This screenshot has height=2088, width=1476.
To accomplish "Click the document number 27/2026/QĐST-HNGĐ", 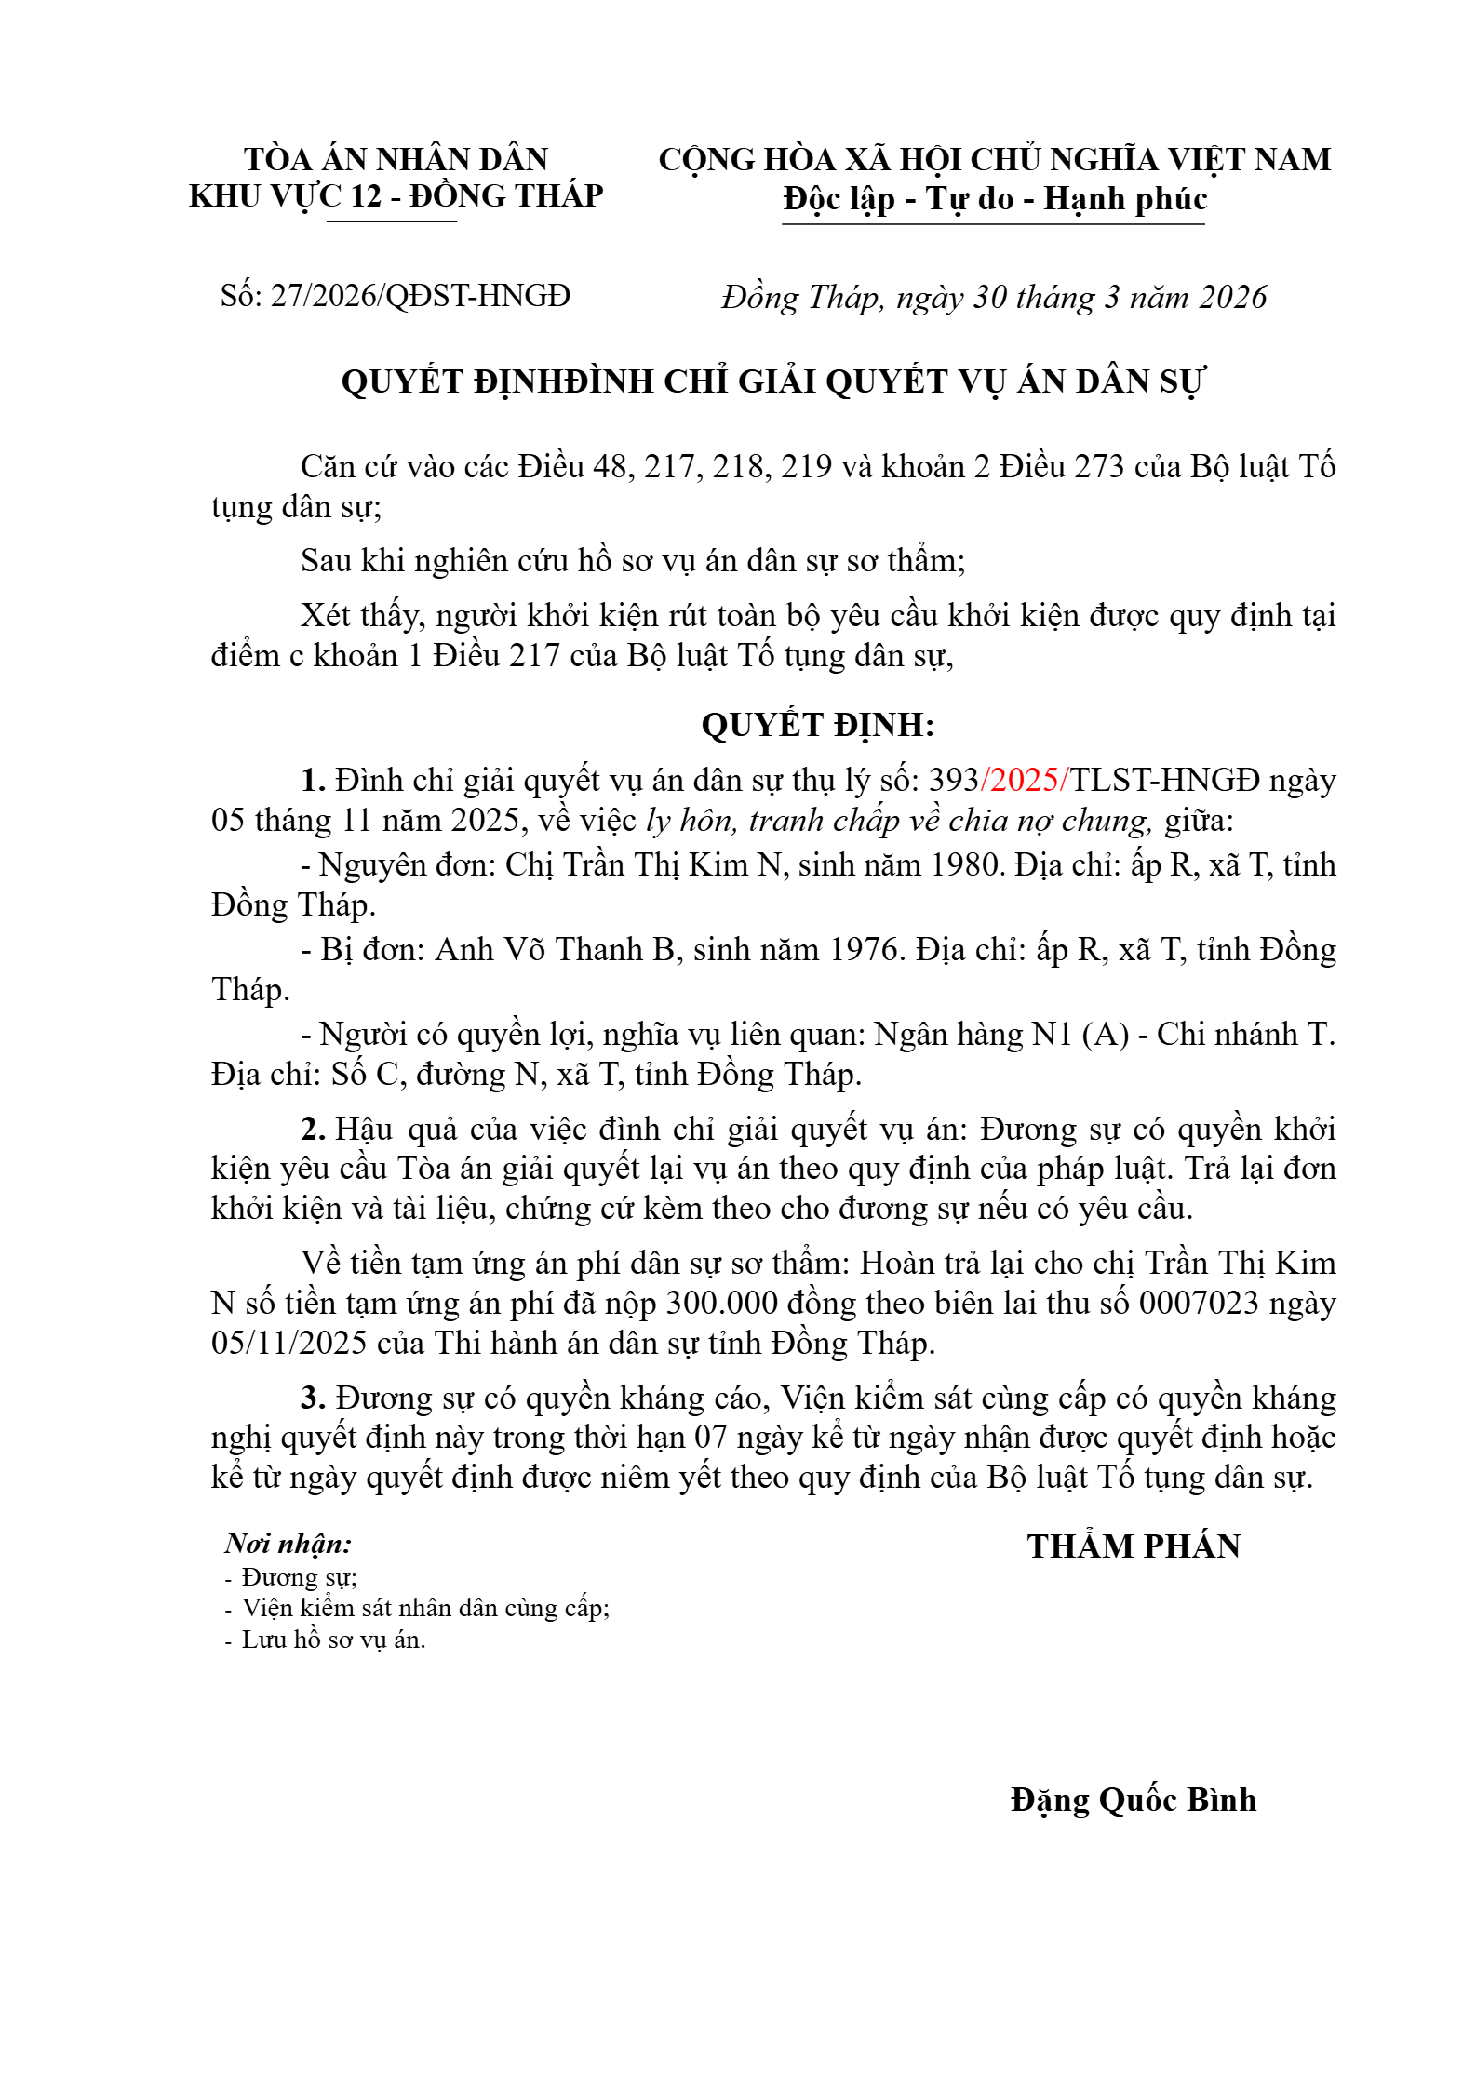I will click(420, 296).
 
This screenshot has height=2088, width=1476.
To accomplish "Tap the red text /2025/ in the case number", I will click(1025, 780).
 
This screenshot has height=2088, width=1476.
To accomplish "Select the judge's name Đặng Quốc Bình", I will click(1133, 1800).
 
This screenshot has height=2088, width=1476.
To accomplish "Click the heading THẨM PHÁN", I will click(1133, 1546).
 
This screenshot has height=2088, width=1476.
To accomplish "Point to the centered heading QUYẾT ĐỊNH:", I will click(817, 725).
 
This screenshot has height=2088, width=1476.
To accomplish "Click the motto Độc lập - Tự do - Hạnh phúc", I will click(994, 198).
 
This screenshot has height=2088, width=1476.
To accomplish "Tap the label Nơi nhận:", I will click(288, 1545).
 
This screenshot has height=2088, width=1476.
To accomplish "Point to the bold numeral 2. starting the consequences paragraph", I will click(313, 1129).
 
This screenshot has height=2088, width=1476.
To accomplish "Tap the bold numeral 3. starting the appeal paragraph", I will click(313, 1398).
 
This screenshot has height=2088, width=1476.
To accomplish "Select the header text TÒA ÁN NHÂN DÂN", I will click(396, 159).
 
